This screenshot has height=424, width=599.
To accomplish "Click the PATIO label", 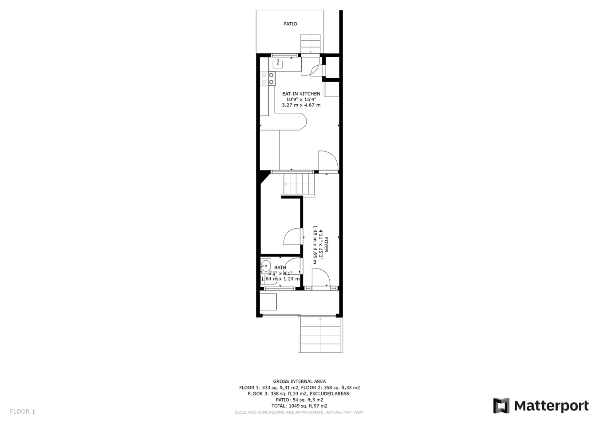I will pyautogui.click(x=290, y=24).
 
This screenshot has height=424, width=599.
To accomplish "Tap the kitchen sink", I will pyautogui.click(x=278, y=63).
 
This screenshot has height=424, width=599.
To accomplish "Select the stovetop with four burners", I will pyautogui.click(x=268, y=79).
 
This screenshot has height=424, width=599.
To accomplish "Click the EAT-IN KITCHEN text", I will pyautogui.click(x=301, y=94).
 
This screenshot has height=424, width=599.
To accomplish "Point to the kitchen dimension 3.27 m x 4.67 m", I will pyautogui.click(x=301, y=105).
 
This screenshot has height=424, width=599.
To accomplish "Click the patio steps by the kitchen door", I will pyautogui.click(x=310, y=44).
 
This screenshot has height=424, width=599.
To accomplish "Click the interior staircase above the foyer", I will pyautogui.click(x=299, y=184).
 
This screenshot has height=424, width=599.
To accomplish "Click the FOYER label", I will pyautogui.click(x=326, y=245).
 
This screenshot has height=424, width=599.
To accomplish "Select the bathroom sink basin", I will pyautogui.click(x=266, y=266).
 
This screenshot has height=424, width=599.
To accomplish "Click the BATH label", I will pyautogui.click(x=280, y=267).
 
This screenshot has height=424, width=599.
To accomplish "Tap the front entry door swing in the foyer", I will pyautogui.click(x=321, y=279).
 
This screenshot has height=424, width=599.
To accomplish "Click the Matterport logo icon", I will pyautogui.click(x=501, y=406).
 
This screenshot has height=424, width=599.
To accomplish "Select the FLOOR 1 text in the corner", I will pyautogui.click(x=22, y=412).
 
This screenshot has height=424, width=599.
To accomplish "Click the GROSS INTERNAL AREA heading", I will pyautogui.click(x=299, y=381).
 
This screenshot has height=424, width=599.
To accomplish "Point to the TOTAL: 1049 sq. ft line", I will pyautogui.click(x=299, y=406).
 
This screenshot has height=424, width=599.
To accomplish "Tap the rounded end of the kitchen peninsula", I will pyautogui.click(x=302, y=122).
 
